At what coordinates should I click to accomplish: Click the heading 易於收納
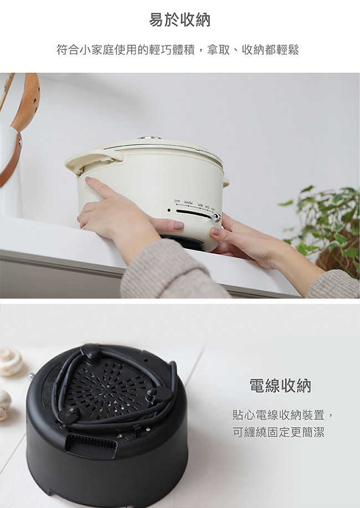tap(180, 20)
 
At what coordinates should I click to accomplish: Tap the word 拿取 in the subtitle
tap(218, 50)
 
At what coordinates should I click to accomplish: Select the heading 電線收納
tap(280, 386)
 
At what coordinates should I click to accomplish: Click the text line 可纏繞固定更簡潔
tap(279, 432)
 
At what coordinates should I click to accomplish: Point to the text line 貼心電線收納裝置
tap(279, 415)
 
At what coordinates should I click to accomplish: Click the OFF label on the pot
tap(177, 201)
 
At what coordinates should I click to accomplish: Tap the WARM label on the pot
tap(188, 203)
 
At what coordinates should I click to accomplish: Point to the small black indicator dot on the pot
tap(169, 210)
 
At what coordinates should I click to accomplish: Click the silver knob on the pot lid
tap(149, 138)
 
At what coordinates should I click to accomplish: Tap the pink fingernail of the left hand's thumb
tap(179, 225)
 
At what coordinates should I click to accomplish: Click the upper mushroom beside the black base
tap(11, 362)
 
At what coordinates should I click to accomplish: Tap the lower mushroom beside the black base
tap(5, 405)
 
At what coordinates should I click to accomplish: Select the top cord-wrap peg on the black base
tap(91, 353)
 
